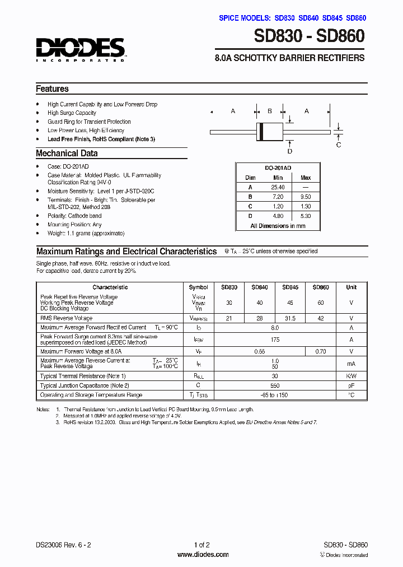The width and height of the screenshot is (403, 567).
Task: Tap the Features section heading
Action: point(52,89)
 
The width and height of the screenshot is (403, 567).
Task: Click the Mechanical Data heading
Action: point(67,154)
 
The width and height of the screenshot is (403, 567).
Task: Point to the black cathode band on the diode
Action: point(260,132)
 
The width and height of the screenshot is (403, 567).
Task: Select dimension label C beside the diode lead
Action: point(338,145)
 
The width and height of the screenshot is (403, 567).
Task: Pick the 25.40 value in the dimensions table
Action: point(278,187)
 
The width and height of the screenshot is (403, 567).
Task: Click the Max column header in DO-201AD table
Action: point(306,178)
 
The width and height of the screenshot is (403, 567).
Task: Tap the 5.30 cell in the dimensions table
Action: point(306,216)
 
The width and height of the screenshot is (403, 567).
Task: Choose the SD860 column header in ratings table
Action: point(321,287)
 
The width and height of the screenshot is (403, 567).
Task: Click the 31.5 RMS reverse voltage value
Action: point(290,318)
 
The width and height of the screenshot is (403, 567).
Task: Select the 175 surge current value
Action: point(274,340)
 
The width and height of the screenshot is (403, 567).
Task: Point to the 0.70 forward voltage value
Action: point(321,351)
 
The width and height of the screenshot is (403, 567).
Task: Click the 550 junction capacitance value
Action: point(274,385)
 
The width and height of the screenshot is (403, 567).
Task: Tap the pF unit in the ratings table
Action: point(351,385)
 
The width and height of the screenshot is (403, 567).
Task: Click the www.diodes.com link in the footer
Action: point(203,555)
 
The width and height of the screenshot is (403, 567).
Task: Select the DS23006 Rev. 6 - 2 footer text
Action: point(62,545)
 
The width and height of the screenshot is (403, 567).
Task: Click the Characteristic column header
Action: point(110,287)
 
